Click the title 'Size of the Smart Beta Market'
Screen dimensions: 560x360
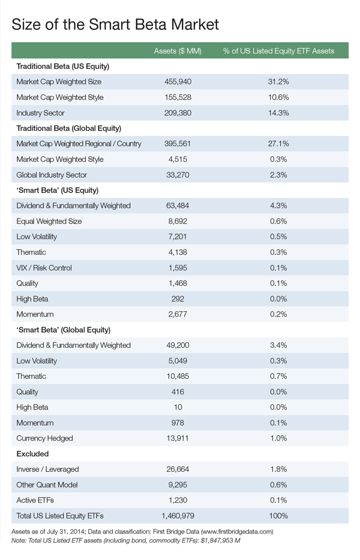[x=115, y=24]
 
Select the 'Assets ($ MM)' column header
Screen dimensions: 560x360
[x=177, y=50]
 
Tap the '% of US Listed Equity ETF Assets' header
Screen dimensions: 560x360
[x=278, y=50]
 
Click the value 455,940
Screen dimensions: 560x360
[x=178, y=82]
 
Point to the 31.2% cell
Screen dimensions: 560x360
[x=278, y=82]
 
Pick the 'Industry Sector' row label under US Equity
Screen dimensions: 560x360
[x=41, y=113]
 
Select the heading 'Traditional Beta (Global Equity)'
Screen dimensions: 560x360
[x=69, y=128]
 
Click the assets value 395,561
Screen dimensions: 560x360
[x=178, y=144]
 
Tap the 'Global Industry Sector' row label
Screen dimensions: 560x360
[x=52, y=175]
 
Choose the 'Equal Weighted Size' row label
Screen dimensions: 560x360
[x=49, y=221]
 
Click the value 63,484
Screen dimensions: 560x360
[x=178, y=206]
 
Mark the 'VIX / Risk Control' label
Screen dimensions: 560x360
[x=44, y=267]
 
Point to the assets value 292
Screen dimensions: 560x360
[x=178, y=299]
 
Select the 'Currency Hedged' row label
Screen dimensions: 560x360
[x=45, y=438]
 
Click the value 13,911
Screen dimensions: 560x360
[x=178, y=438]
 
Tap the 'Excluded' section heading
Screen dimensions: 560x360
[x=33, y=454]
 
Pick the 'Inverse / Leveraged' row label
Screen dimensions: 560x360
[x=47, y=469]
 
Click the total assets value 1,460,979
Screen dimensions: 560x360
[x=178, y=516]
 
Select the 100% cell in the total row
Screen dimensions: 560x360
[x=278, y=516]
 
